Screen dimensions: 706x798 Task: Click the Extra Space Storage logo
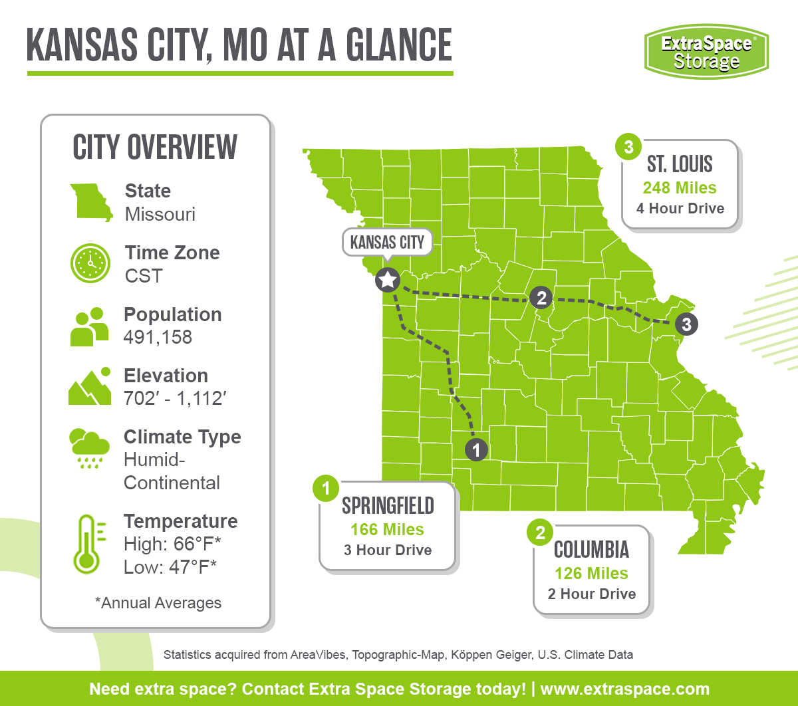(706, 52)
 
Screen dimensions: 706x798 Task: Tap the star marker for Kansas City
(387, 280)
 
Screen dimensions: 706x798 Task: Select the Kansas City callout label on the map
(387, 242)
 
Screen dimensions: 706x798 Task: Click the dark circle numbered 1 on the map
(475, 450)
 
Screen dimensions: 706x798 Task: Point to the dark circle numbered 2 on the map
(541, 298)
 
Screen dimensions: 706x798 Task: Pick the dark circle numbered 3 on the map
(686, 324)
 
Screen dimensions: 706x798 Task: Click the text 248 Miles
(680, 187)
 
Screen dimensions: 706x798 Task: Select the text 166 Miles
(388, 529)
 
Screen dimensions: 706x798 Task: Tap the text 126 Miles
(591, 573)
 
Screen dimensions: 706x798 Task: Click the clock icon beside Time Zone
(90, 264)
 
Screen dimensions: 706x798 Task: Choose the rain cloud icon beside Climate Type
(89, 448)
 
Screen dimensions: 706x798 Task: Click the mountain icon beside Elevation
(90, 387)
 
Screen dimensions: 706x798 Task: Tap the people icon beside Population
(90, 326)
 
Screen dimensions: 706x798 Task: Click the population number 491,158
(158, 337)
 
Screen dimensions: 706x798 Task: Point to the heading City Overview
(155, 147)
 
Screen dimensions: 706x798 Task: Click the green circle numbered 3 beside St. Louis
(628, 146)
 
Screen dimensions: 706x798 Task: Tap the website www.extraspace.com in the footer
(624, 689)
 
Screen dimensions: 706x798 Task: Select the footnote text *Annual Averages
(158, 603)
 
